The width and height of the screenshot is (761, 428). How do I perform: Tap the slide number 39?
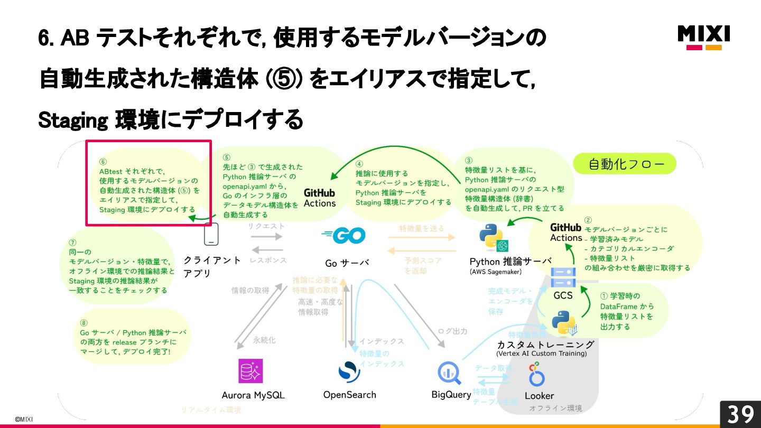tap(740, 414)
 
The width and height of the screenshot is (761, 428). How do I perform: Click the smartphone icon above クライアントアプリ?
tap(211, 235)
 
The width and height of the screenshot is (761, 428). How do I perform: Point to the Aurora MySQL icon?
tap(250, 371)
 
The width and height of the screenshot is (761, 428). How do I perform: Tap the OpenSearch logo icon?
tap(349, 371)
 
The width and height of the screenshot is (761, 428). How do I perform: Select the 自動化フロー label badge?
tap(625, 164)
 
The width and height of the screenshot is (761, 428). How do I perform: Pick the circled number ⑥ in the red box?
tap(103, 162)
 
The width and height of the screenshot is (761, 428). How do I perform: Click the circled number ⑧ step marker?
tap(83, 323)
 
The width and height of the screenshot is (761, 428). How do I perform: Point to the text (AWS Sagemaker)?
tap(495, 272)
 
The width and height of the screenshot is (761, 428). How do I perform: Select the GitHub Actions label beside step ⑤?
tap(319, 198)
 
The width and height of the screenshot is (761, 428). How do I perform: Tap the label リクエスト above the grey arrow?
tap(266, 226)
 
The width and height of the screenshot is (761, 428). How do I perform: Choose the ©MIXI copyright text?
tap(23, 419)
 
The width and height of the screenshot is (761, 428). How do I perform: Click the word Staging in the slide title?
tap(73, 121)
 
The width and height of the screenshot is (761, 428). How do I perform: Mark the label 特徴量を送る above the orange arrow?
tap(422, 228)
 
